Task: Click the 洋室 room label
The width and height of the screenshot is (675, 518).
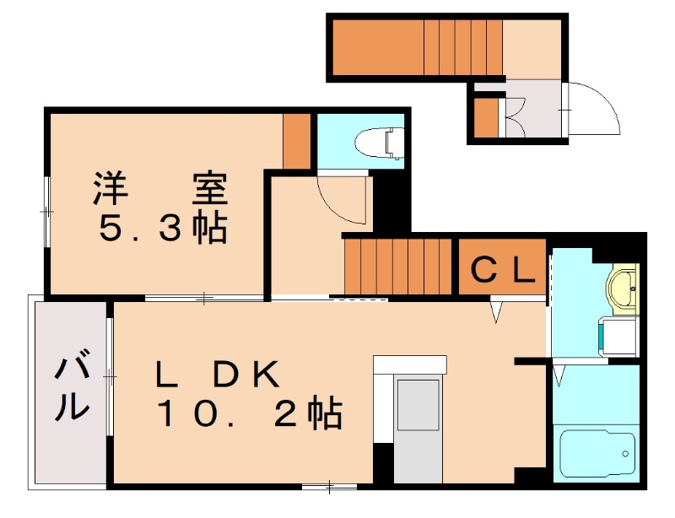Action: point(160,188)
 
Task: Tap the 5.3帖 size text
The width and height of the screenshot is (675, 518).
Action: point(163,228)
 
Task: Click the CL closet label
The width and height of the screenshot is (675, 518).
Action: point(501,270)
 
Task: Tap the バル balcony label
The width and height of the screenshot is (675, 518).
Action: point(73,389)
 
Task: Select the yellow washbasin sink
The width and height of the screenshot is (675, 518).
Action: point(624,286)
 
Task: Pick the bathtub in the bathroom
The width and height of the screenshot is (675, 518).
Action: point(596,456)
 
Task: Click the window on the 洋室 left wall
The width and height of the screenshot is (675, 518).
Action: point(46,212)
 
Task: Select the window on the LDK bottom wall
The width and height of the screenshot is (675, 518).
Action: point(329,486)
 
